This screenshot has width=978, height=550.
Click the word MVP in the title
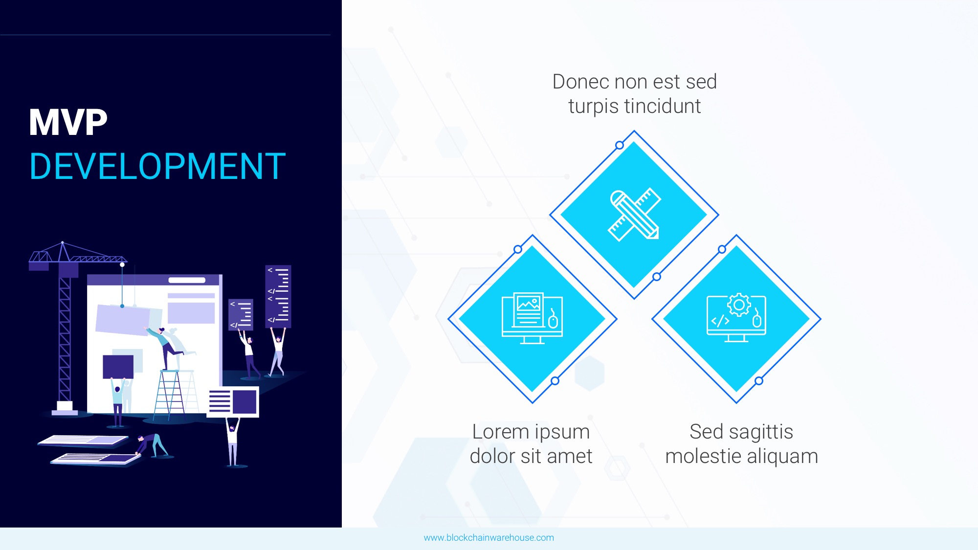pos(68,122)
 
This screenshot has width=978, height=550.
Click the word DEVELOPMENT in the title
pos(157,166)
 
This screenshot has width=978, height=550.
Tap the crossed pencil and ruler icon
pos(634,215)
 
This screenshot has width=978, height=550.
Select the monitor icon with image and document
pos(532,318)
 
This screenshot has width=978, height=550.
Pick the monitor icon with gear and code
pos(736,318)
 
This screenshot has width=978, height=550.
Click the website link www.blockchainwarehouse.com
pos(489,538)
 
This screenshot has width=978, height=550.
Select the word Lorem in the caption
pos(501,432)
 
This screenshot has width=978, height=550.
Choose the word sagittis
pos(761,432)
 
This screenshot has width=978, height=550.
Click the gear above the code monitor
pos(739,305)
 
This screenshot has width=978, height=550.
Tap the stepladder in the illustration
pos(169,395)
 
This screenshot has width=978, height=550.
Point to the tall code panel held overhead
pos(278,296)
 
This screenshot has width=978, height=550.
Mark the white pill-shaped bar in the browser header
pos(187,280)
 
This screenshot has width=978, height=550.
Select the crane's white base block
pos(65,406)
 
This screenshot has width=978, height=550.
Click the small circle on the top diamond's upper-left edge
pos(620,145)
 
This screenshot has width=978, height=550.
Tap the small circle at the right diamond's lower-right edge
pos(759,381)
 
